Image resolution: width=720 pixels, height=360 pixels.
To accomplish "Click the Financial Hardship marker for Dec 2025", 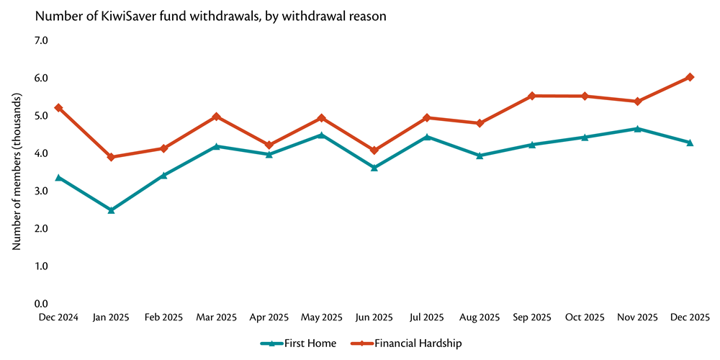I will click(x=690, y=77).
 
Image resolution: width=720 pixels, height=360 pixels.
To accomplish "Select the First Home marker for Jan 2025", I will click(x=111, y=210).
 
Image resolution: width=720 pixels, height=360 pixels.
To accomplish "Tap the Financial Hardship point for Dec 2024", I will click(x=58, y=108).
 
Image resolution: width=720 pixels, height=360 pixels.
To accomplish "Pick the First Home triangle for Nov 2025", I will click(x=637, y=129).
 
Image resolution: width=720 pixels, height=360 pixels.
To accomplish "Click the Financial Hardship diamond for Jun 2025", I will click(x=374, y=150).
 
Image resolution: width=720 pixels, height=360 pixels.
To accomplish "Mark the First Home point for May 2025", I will click(x=321, y=135).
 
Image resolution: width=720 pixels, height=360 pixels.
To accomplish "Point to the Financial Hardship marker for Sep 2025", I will click(x=532, y=96).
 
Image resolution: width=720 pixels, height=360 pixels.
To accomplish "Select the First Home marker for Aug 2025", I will click(x=480, y=155).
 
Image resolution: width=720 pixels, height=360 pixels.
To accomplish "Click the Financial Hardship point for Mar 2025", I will click(x=216, y=117).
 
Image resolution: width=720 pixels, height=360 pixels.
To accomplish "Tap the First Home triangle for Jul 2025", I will click(x=427, y=137).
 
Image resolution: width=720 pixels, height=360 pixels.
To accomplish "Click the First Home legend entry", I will click(x=298, y=343).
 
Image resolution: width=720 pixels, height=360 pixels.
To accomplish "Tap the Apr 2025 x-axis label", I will click(x=269, y=318).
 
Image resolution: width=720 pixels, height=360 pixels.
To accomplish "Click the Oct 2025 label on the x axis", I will click(x=585, y=318).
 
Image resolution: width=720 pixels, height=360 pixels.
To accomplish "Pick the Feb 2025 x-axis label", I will click(x=163, y=318).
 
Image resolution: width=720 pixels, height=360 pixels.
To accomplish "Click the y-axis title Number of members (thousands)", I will click(x=16, y=172).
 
